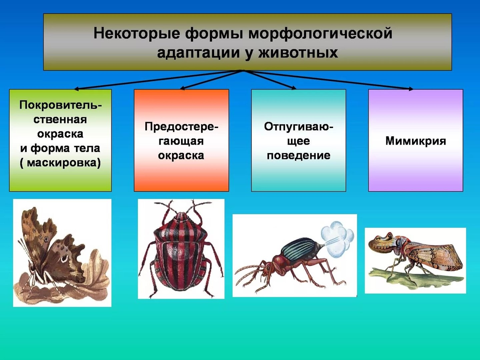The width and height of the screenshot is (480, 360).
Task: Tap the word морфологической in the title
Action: pyautogui.click(x=320, y=33)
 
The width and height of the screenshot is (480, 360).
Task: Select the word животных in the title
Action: pyautogui.click(x=298, y=53)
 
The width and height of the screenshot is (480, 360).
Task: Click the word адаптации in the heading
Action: pyautogui.click(x=198, y=53)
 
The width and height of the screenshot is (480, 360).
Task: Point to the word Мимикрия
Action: pyautogui.click(x=415, y=141)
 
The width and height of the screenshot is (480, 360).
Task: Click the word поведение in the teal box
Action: pyautogui.click(x=298, y=155)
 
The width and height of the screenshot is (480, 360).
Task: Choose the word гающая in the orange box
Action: pyautogui.click(x=181, y=141)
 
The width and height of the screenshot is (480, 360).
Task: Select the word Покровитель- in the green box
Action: pyautogui.click(x=61, y=105)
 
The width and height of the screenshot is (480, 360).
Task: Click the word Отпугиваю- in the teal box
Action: pyautogui.click(x=299, y=127)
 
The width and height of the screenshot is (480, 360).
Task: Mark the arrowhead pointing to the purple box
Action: pyautogui.click(x=411, y=89)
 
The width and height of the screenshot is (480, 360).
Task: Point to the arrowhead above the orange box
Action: pyautogui.click(x=182, y=88)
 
